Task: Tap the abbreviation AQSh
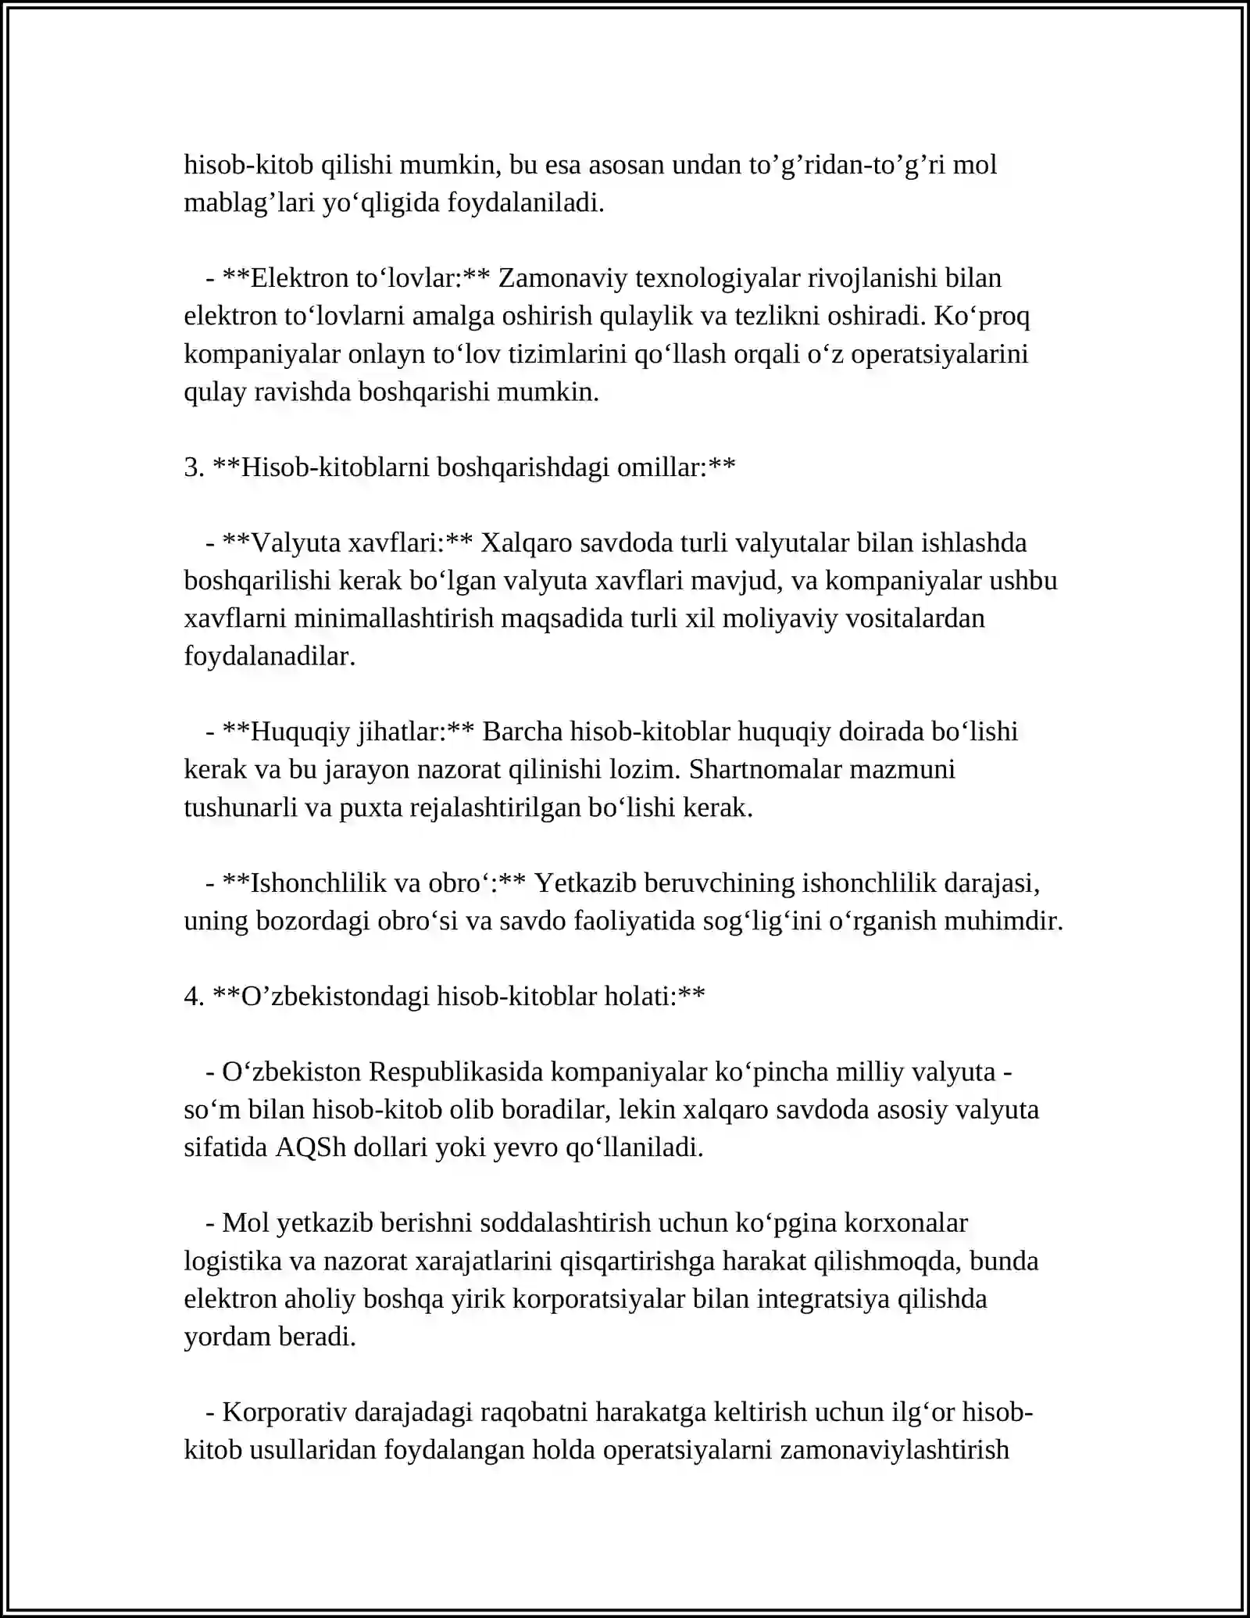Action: (x=311, y=1147)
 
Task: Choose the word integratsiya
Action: (x=823, y=1299)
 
